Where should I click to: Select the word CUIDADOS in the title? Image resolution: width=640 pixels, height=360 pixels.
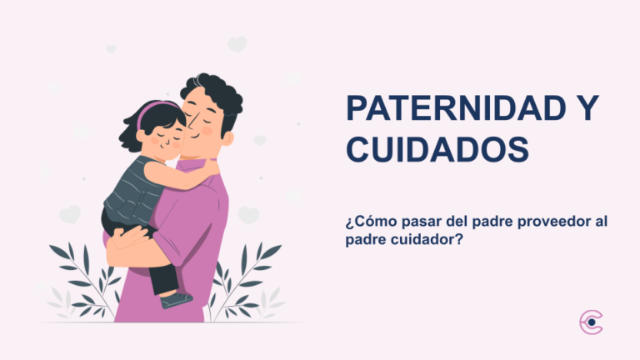tap(437, 151)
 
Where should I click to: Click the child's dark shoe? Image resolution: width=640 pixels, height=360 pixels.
tap(177, 299)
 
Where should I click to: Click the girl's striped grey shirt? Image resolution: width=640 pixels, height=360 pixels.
tap(133, 187)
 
